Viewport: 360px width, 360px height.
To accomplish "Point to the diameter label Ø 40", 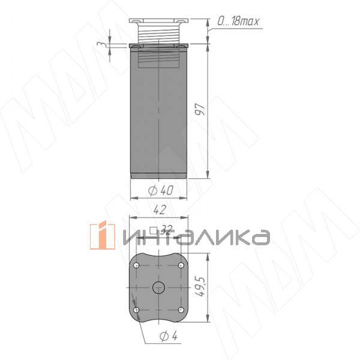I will click(x=160, y=190).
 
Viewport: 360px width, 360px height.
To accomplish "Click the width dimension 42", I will click(x=160, y=211).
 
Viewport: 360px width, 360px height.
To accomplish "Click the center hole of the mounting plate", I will click(x=160, y=287).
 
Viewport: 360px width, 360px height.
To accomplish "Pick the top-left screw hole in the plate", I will click(x=137, y=265).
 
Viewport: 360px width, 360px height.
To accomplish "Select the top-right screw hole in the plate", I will click(x=182, y=265).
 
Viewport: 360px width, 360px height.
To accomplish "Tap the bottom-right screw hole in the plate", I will click(x=182, y=309).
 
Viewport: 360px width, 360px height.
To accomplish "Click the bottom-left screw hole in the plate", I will click(x=137, y=309).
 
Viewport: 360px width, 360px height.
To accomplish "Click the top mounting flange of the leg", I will click(x=160, y=21).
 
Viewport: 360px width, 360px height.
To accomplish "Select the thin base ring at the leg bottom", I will click(x=160, y=176).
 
